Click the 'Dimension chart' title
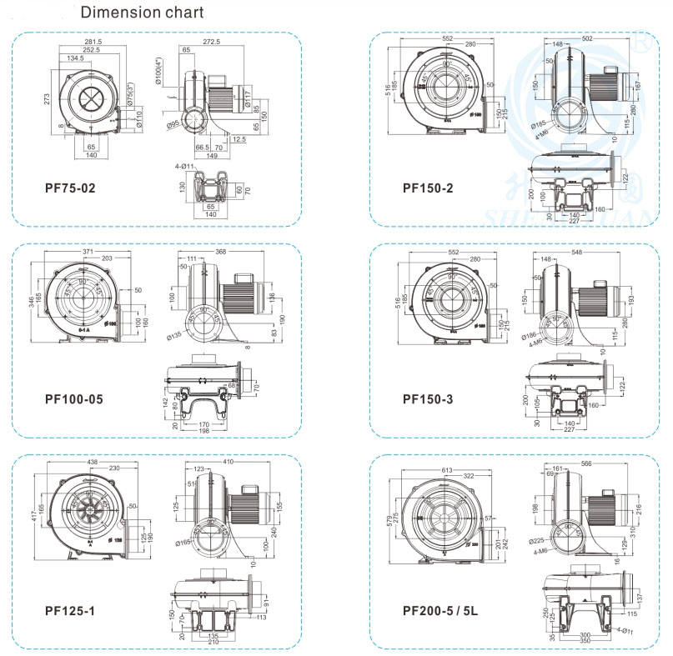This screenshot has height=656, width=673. click(141, 13)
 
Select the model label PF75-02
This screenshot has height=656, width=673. click(70, 188)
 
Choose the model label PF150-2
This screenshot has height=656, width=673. click(428, 188)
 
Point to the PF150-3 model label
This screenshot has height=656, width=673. click(428, 399)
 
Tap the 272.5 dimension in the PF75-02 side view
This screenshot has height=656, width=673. click(210, 42)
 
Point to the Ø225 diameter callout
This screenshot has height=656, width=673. click(537, 540)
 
